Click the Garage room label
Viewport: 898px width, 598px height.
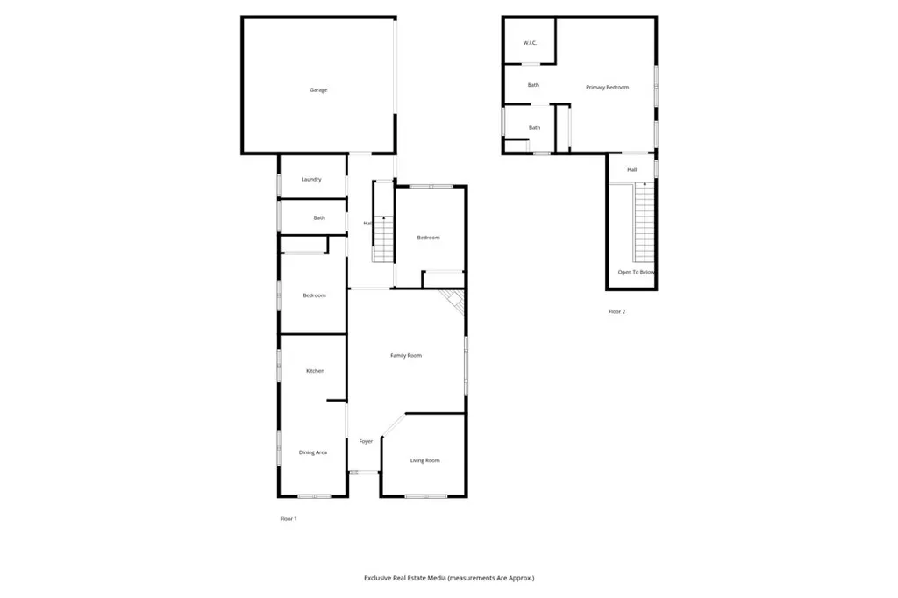(x=318, y=90)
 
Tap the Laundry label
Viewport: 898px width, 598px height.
(x=311, y=180)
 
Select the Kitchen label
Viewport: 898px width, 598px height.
(x=315, y=371)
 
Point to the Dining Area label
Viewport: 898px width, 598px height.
(x=313, y=452)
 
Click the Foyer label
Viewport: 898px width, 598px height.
(x=366, y=441)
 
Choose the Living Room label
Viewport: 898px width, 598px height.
(x=424, y=460)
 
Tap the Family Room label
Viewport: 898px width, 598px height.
(x=406, y=355)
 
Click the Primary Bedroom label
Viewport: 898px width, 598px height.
(x=608, y=87)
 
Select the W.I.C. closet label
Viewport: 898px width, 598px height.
(x=530, y=43)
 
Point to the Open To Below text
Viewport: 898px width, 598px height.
(x=636, y=273)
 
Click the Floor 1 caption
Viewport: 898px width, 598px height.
(x=289, y=519)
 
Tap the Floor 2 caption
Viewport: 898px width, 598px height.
(x=617, y=311)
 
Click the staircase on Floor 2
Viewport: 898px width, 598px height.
(x=645, y=224)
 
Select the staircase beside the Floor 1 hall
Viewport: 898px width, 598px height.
(x=383, y=224)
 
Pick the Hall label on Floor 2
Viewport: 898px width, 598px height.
(x=631, y=169)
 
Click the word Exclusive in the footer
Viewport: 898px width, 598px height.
(x=383, y=578)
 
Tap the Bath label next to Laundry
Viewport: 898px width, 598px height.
(x=319, y=217)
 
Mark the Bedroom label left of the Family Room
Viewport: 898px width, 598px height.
(x=314, y=295)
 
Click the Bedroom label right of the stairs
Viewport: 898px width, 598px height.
(x=428, y=238)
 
